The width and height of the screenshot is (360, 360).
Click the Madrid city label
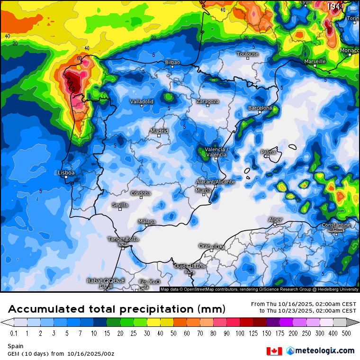click(159, 131)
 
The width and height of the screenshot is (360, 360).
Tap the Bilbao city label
click(172, 62)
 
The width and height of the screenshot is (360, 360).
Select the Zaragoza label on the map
click(207, 101)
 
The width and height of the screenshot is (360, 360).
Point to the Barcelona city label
click(260, 108)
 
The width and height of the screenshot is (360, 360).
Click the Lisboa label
click(66, 173)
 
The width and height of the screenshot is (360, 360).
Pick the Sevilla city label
click(120, 205)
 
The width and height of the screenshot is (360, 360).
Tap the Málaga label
click(147, 221)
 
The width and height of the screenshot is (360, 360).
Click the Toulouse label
click(247, 54)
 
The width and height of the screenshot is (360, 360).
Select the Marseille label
click(315, 62)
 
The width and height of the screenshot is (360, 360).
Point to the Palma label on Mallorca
click(268, 152)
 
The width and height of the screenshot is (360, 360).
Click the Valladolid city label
click(142, 101)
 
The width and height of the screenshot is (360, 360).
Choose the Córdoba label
click(141, 193)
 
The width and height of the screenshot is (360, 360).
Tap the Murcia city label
click(203, 190)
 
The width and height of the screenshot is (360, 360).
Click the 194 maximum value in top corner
click(334, 7)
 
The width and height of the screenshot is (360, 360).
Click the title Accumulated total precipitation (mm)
click(116, 309)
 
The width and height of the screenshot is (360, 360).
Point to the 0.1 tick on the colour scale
click(14, 333)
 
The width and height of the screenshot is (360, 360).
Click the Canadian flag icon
click(274, 351)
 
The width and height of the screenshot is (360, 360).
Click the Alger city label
click(275, 220)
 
